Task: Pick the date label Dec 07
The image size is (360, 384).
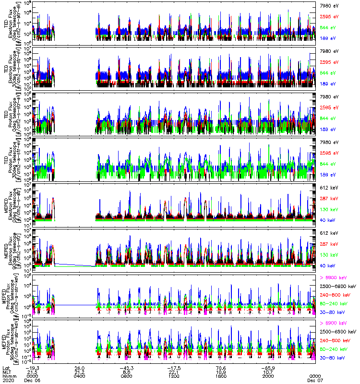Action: coord(315,380)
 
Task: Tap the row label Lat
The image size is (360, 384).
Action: coord(7,368)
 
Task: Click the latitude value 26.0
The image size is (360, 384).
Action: coord(80,368)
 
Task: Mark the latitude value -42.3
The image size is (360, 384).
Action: coord(126,368)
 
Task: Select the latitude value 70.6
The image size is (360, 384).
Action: coord(221,368)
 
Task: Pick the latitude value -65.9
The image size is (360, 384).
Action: coord(267,368)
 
